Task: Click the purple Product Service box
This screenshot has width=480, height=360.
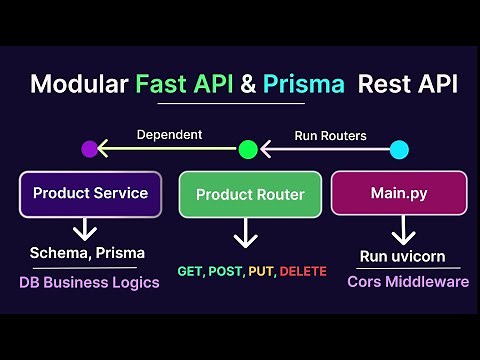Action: click(x=90, y=193)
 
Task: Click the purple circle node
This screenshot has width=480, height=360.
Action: click(x=90, y=149)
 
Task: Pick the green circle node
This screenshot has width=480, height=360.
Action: click(x=248, y=149)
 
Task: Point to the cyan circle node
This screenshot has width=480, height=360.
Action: click(x=399, y=149)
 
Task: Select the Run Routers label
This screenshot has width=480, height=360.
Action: click(x=330, y=134)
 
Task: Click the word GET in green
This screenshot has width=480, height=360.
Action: click(x=190, y=271)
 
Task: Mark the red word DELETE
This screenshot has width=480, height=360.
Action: click(x=302, y=271)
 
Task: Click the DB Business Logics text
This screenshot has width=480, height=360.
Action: click(x=89, y=282)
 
